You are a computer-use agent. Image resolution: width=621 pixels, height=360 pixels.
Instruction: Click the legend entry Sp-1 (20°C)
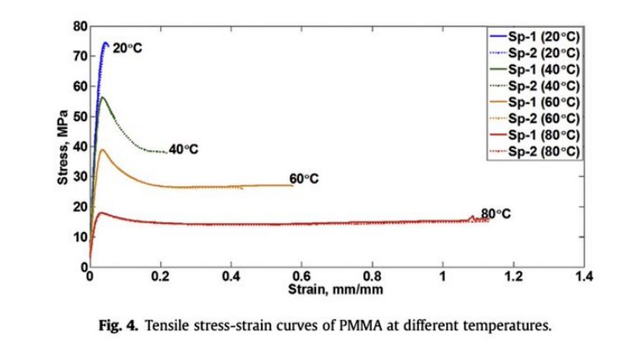click(x=543, y=36)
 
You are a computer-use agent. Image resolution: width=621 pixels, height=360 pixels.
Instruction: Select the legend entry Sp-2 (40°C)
click(x=543, y=85)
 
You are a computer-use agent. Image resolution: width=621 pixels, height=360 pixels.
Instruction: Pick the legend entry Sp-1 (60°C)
click(x=543, y=102)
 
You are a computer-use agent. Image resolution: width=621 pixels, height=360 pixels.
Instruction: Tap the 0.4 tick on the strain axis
click(x=231, y=276)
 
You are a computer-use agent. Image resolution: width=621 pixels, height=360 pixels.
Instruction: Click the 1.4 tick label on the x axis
click(x=584, y=276)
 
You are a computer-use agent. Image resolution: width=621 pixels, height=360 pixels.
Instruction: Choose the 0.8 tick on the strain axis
click(x=373, y=276)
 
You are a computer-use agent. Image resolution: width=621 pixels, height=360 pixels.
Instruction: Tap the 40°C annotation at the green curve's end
click(x=183, y=149)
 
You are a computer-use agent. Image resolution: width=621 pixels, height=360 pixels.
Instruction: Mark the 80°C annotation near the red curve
click(x=496, y=213)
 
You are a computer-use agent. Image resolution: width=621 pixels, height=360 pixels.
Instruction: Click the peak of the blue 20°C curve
click(x=106, y=43)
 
